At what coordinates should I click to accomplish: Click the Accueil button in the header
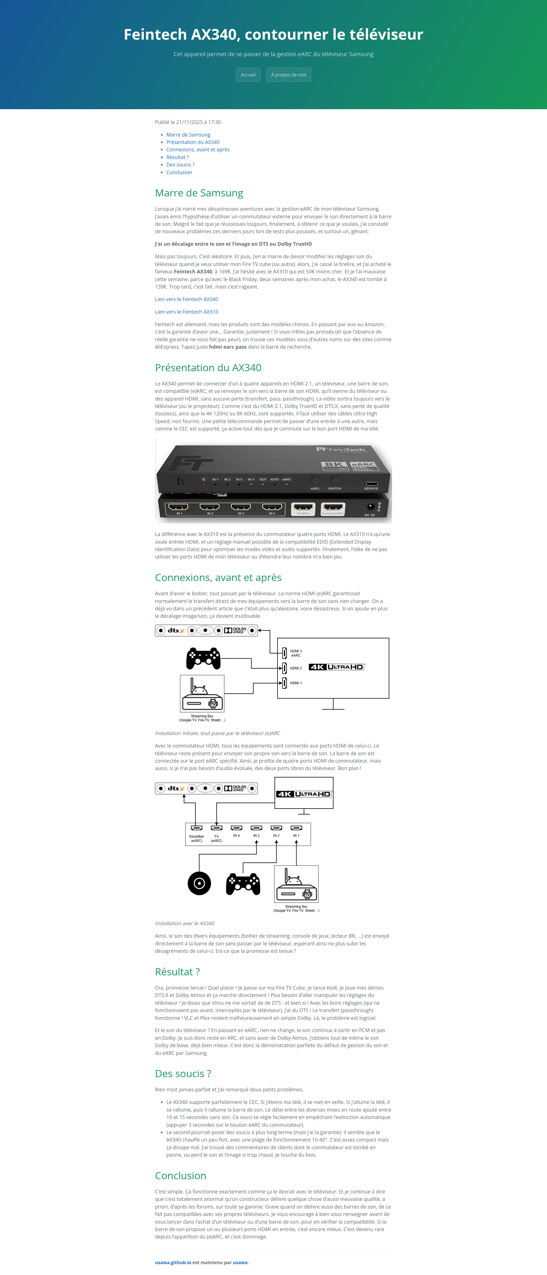coord(248,75)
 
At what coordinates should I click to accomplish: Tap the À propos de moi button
coord(288,75)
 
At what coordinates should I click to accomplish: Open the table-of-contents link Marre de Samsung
coord(188,135)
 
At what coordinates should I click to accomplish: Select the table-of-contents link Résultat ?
coord(177,157)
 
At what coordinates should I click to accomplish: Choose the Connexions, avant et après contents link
coord(197,149)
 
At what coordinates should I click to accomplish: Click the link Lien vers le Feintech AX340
coord(186,299)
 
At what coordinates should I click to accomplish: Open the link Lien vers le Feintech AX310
coord(186,312)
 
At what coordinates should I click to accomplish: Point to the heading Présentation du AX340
coord(208,368)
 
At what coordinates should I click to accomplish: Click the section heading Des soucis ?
coord(183,1073)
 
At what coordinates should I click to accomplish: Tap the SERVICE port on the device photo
coord(372,484)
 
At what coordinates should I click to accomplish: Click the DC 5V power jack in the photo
coord(370,507)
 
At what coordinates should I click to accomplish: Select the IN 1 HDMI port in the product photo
coord(179,507)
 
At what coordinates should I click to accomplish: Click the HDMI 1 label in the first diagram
coord(296,683)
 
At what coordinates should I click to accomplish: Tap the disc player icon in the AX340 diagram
coord(199,884)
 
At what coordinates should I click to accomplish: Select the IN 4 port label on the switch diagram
coord(236,835)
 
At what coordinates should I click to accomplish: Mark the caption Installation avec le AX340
coord(185,923)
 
